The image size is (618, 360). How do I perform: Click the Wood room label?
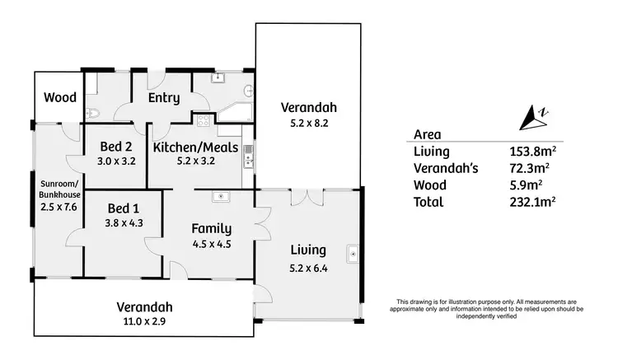(60, 97)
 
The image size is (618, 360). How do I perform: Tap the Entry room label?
(164, 98)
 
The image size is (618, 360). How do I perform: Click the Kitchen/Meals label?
(196, 147)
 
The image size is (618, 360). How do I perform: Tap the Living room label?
(308, 250)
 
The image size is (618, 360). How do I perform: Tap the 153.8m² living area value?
(531, 152)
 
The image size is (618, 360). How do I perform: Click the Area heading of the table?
(426, 135)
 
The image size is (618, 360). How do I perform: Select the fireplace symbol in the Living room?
(353, 254)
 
